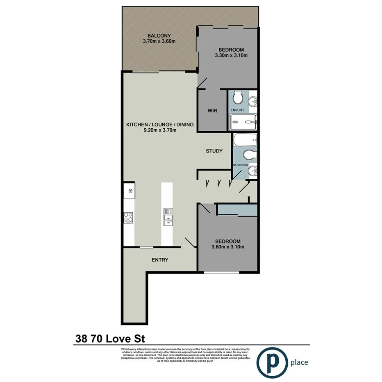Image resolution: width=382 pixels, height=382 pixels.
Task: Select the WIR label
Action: click(212, 111)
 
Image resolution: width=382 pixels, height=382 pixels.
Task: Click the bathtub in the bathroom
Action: click(244, 141)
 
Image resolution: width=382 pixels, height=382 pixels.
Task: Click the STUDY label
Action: click(214, 151)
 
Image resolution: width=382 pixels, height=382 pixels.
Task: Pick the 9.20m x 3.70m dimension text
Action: click(160, 131)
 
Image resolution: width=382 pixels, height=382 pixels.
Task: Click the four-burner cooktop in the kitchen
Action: click(128, 217)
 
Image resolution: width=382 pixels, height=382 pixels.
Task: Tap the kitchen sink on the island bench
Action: click(168, 217)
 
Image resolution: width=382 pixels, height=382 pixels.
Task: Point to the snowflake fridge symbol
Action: click(130, 191)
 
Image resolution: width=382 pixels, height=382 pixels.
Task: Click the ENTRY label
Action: click(160, 260)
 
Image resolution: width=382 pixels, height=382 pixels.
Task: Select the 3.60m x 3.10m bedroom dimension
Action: click(228, 247)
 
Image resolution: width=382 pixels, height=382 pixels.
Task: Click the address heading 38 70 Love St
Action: click(110, 339)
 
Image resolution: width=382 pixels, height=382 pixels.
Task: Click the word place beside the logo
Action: click(298, 362)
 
